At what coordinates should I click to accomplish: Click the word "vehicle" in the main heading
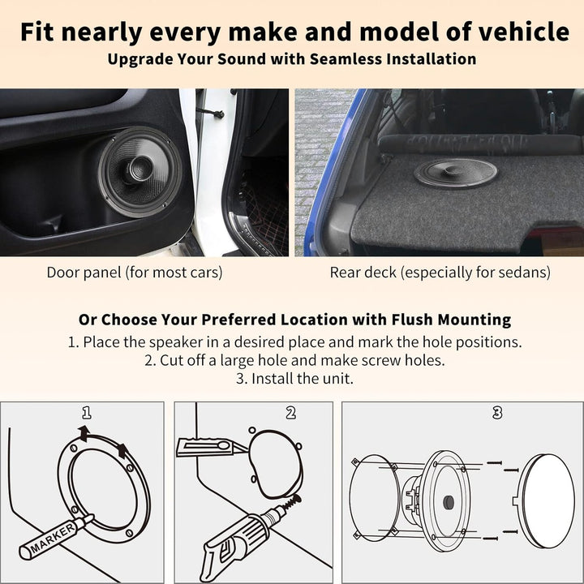coord(524,32)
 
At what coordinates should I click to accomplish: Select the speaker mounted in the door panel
coord(140,172)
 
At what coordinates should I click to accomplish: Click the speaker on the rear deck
coord(456,174)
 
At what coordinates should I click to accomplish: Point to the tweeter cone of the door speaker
coord(140,170)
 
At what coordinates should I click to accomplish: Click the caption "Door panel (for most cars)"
coord(135,273)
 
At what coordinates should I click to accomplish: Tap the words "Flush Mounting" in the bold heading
coord(451,320)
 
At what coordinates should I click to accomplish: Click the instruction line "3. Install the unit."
coord(294,379)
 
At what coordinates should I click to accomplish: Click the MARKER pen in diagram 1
coord(55,536)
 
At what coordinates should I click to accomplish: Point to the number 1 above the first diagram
coord(87,413)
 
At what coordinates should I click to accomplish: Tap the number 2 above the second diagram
coord(290,413)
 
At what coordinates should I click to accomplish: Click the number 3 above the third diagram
coord(497,413)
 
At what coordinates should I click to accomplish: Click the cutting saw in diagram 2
coord(211,447)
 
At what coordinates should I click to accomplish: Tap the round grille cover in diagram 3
coord(546,501)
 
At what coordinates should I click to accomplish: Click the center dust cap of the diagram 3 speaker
coord(449,502)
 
